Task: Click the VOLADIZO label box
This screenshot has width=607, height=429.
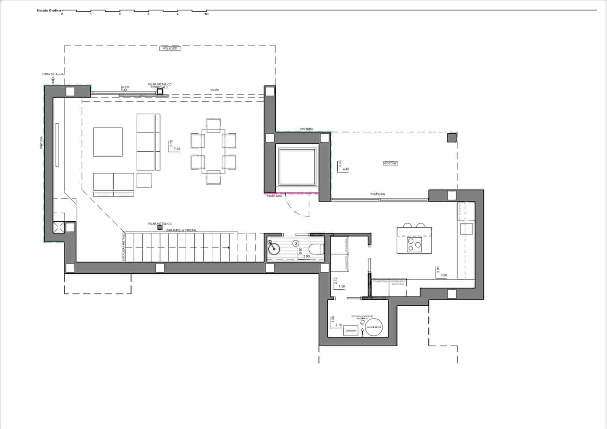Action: pyautogui.click(x=170, y=49)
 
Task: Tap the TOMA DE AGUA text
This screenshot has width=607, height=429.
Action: pyautogui.click(x=53, y=74)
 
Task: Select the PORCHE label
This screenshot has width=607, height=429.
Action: pyautogui.click(x=390, y=163)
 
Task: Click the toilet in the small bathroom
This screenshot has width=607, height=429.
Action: pyautogui.click(x=316, y=249)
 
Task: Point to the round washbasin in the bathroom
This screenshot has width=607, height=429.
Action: pyautogui.click(x=274, y=249)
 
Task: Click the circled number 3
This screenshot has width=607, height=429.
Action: pyautogui.click(x=296, y=243)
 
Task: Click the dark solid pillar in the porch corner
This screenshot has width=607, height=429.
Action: pyautogui.click(x=451, y=137)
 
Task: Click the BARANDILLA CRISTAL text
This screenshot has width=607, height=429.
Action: pyautogui.click(x=181, y=230)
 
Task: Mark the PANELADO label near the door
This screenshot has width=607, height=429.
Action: pyautogui.click(x=274, y=196)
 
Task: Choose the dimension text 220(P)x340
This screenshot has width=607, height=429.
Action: pyautogui.click(x=377, y=194)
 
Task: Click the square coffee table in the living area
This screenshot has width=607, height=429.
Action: pyautogui.click(x=108, y=142)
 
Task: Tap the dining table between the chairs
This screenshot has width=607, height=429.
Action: pyautogui.click(x=213, y=151)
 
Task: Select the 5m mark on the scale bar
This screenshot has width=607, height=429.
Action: pyautogui.click(x=206, y=14)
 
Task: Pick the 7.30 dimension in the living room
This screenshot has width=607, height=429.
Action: pyautogui.click(x=177, y=149)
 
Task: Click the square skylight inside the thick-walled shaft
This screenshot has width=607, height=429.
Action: pyautogui.click(x=297, y=166)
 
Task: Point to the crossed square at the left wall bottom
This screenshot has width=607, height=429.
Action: pyautogui.click(x=58, y=229)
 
